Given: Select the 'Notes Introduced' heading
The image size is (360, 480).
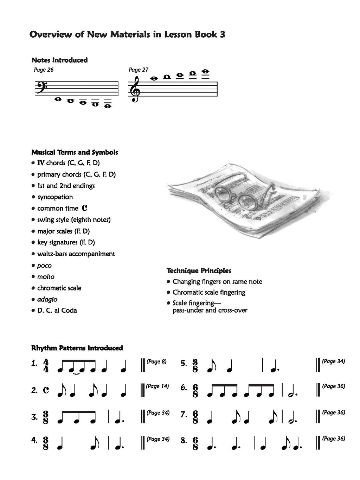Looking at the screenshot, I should pos(59,60).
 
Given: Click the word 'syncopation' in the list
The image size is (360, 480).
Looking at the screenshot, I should pos(55,197).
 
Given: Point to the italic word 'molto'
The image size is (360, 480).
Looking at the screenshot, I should pos(46,277).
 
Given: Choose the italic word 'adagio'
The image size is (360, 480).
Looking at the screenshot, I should pos(47,299).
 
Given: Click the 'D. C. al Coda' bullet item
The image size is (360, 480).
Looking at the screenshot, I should pos(57,311).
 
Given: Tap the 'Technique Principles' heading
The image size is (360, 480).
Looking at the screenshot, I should pos(199,271).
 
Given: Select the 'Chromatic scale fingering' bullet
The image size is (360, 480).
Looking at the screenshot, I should pos(209,292).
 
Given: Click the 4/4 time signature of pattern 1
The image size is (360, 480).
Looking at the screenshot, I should pos(46,366).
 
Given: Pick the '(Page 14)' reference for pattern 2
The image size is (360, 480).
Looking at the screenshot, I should pos(157,386).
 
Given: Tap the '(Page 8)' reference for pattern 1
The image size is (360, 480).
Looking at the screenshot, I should pos(156,361).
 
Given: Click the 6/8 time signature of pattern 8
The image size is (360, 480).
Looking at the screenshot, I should pos(195,441).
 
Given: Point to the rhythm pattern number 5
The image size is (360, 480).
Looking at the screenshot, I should pos(184,364).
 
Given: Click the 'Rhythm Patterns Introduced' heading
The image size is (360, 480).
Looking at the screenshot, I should pos(77,348).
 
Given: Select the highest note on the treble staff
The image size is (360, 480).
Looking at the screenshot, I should pos(205,72).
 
